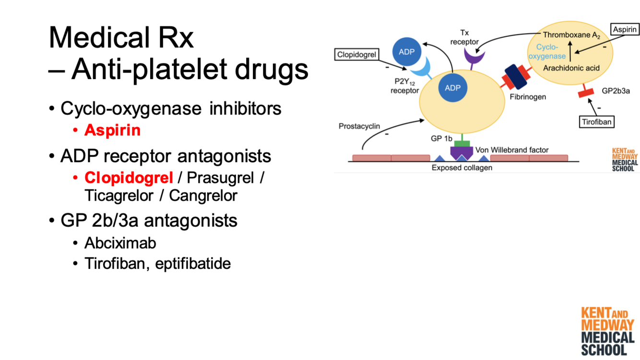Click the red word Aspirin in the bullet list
pos(112,130)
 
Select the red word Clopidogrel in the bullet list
pos(129,178)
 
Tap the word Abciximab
pos(120,243)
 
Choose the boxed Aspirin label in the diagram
pos(625,30)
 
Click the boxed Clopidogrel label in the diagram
pos(356,55)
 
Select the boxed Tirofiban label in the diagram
pos(596,122)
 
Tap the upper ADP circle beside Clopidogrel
pos(407,51)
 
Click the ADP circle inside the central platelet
pos(452,88)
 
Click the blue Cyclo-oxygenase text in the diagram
pos(547,52)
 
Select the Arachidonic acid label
pos(571,68)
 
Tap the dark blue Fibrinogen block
pos(516,77)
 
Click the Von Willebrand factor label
pos(511,150)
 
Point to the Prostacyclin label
pos(359,126)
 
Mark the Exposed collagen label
pos(462,168)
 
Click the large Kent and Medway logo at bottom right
pos(607,331)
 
